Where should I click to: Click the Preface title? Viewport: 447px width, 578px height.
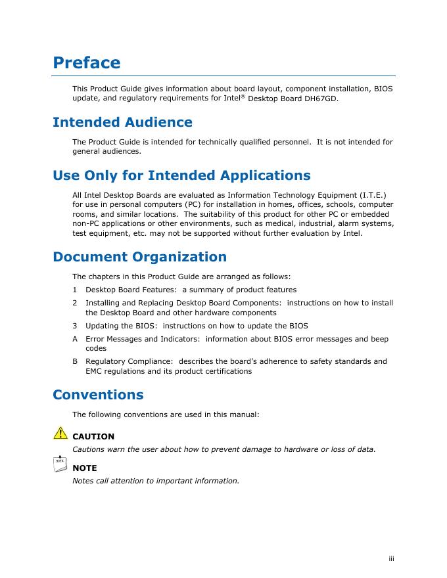tap(86, 63)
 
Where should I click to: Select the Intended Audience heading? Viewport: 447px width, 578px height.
tap(122, 123)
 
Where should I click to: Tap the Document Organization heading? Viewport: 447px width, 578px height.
tap(139, 257)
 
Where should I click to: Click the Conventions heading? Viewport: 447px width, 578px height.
tap(98, 395)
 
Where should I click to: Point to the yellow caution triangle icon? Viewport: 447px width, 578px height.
tap(60, 432)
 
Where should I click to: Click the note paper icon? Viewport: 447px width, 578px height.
tap(60, 464)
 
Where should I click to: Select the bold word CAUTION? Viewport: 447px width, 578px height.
tap(93, 436)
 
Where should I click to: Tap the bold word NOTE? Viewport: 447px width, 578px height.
tap(85, 468)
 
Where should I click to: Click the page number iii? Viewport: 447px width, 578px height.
tap(390, 559)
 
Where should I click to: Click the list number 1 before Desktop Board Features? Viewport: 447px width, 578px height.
tap(75, 290)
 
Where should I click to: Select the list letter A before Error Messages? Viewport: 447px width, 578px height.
tap(75, 339)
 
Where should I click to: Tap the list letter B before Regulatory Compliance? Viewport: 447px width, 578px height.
tap(75, 361)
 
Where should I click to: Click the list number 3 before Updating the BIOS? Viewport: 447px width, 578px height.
tap(75, 326)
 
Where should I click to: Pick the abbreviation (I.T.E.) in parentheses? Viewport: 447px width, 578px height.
tap(373, 194)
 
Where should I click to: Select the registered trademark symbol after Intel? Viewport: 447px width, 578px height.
tap(243, 97)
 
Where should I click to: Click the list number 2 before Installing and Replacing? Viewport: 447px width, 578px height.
tap(75, 303)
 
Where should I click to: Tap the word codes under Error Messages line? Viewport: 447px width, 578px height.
tap(97, 349)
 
